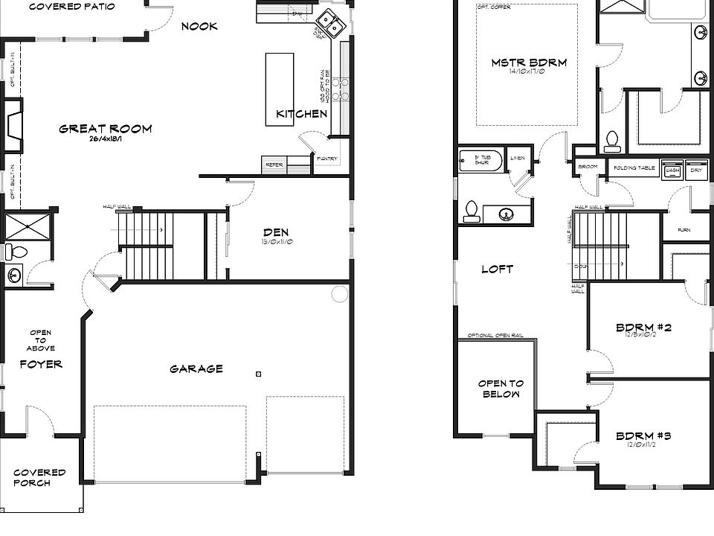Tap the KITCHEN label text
[301, 114]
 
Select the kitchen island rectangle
[280, 89]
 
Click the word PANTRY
[327, 159]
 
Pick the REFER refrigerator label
[274, 165]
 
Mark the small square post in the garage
[257, 373]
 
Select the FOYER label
[40, 364]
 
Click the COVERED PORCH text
[39, 477]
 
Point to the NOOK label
[199, 26]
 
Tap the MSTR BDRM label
[528, 63]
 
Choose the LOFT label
[497, 269]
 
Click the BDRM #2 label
[644, 327]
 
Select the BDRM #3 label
[644, 435]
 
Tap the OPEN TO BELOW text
[501, 389]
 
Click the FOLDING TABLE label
[634, 168]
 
